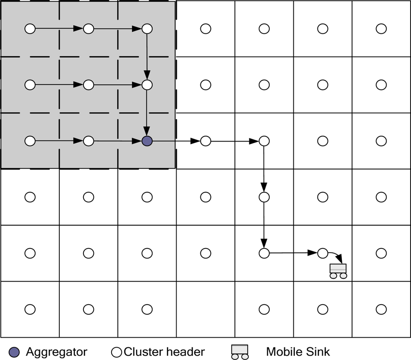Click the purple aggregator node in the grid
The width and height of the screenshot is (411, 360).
(x=147, y=141)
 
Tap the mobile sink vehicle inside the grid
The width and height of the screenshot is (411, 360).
(x=338, y=270)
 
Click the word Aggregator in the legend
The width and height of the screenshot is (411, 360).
(x=57, y=352)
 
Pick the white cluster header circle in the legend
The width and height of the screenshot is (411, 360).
(x=116, y=352)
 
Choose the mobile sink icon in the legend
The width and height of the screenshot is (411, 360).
(x=240, y=352)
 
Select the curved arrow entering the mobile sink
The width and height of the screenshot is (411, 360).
(x=336, y=256)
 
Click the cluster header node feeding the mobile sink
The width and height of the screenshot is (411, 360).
(x=323, y=253)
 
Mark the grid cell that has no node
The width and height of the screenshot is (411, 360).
(x=205, y=309)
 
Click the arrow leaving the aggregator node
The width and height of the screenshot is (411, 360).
(x=176, y=141)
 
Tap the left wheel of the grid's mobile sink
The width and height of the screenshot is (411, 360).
(x=333, y=276)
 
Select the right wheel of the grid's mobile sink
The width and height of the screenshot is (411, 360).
(x=343, y=276)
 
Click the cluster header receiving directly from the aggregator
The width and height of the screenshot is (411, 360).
(x=205, y=141)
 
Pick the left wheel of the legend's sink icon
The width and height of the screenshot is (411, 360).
(x=235, y=356)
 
